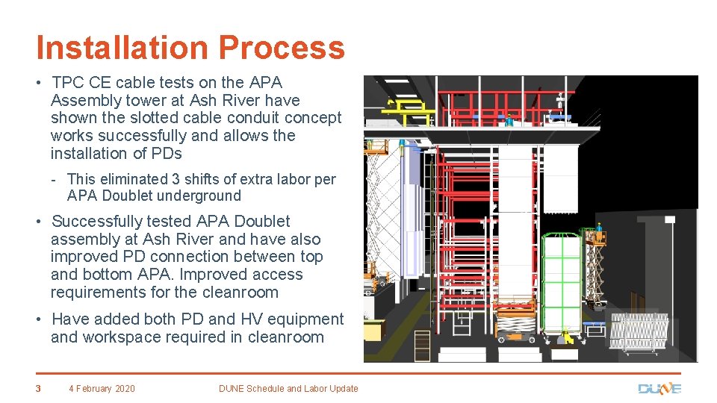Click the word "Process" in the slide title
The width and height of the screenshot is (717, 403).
tap(282, 49)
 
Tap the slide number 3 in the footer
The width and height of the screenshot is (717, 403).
tap(37, 388)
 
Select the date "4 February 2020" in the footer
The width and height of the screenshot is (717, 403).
tap(102, 388)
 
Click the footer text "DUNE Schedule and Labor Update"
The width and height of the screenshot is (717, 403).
tap(288, 388)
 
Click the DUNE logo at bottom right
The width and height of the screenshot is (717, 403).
tap(659, 388)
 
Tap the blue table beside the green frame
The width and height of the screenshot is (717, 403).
tap(595, 326)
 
